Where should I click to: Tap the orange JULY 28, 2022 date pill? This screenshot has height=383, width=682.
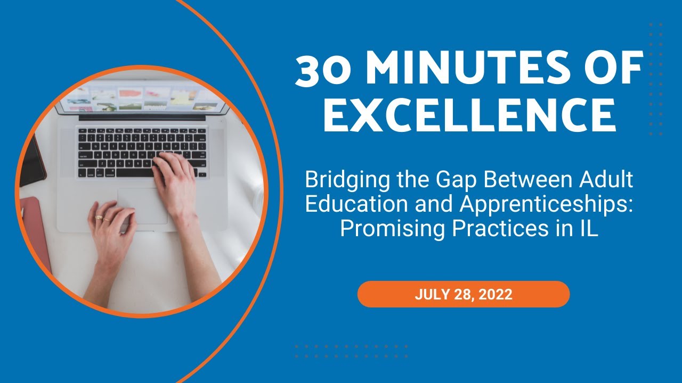(x=463, y=295)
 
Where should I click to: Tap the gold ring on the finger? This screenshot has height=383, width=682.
(x=99, y=218)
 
